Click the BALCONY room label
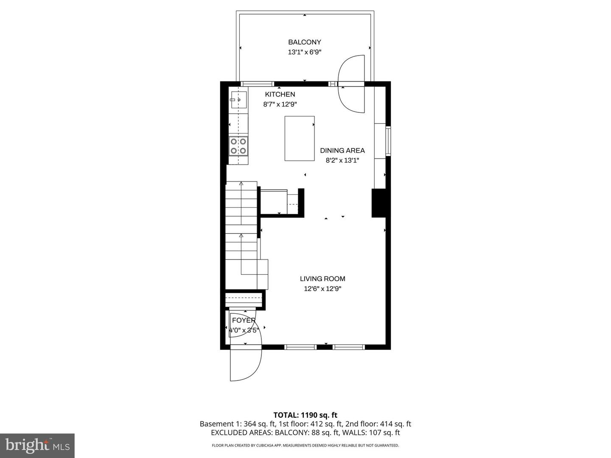click(x=305, y=42)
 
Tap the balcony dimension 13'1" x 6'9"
click(x=305, y=52)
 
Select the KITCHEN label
click(x=280, y=94)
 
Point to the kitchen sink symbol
click(x=238, y=100)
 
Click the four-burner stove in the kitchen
click(x=238, y=146)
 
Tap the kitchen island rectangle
click(x=300, y=138)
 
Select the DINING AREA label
click(x=342, y=150)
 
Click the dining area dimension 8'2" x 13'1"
click(x=342, y=160)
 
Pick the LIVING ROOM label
click(x=322, y=279)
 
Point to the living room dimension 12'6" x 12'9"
click(x=322, y=289)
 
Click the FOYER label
click(x=244, y=320)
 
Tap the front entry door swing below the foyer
click(x=245, y=364)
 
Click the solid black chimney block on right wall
click(x=378, y=203)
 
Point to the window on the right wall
click(x=388, y=141)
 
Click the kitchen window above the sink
click(x=258, y=84)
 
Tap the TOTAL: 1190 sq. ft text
click(x=305, y=415)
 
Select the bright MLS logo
click(x=37, y=445)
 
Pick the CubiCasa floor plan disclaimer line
click(x=305, y=445)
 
